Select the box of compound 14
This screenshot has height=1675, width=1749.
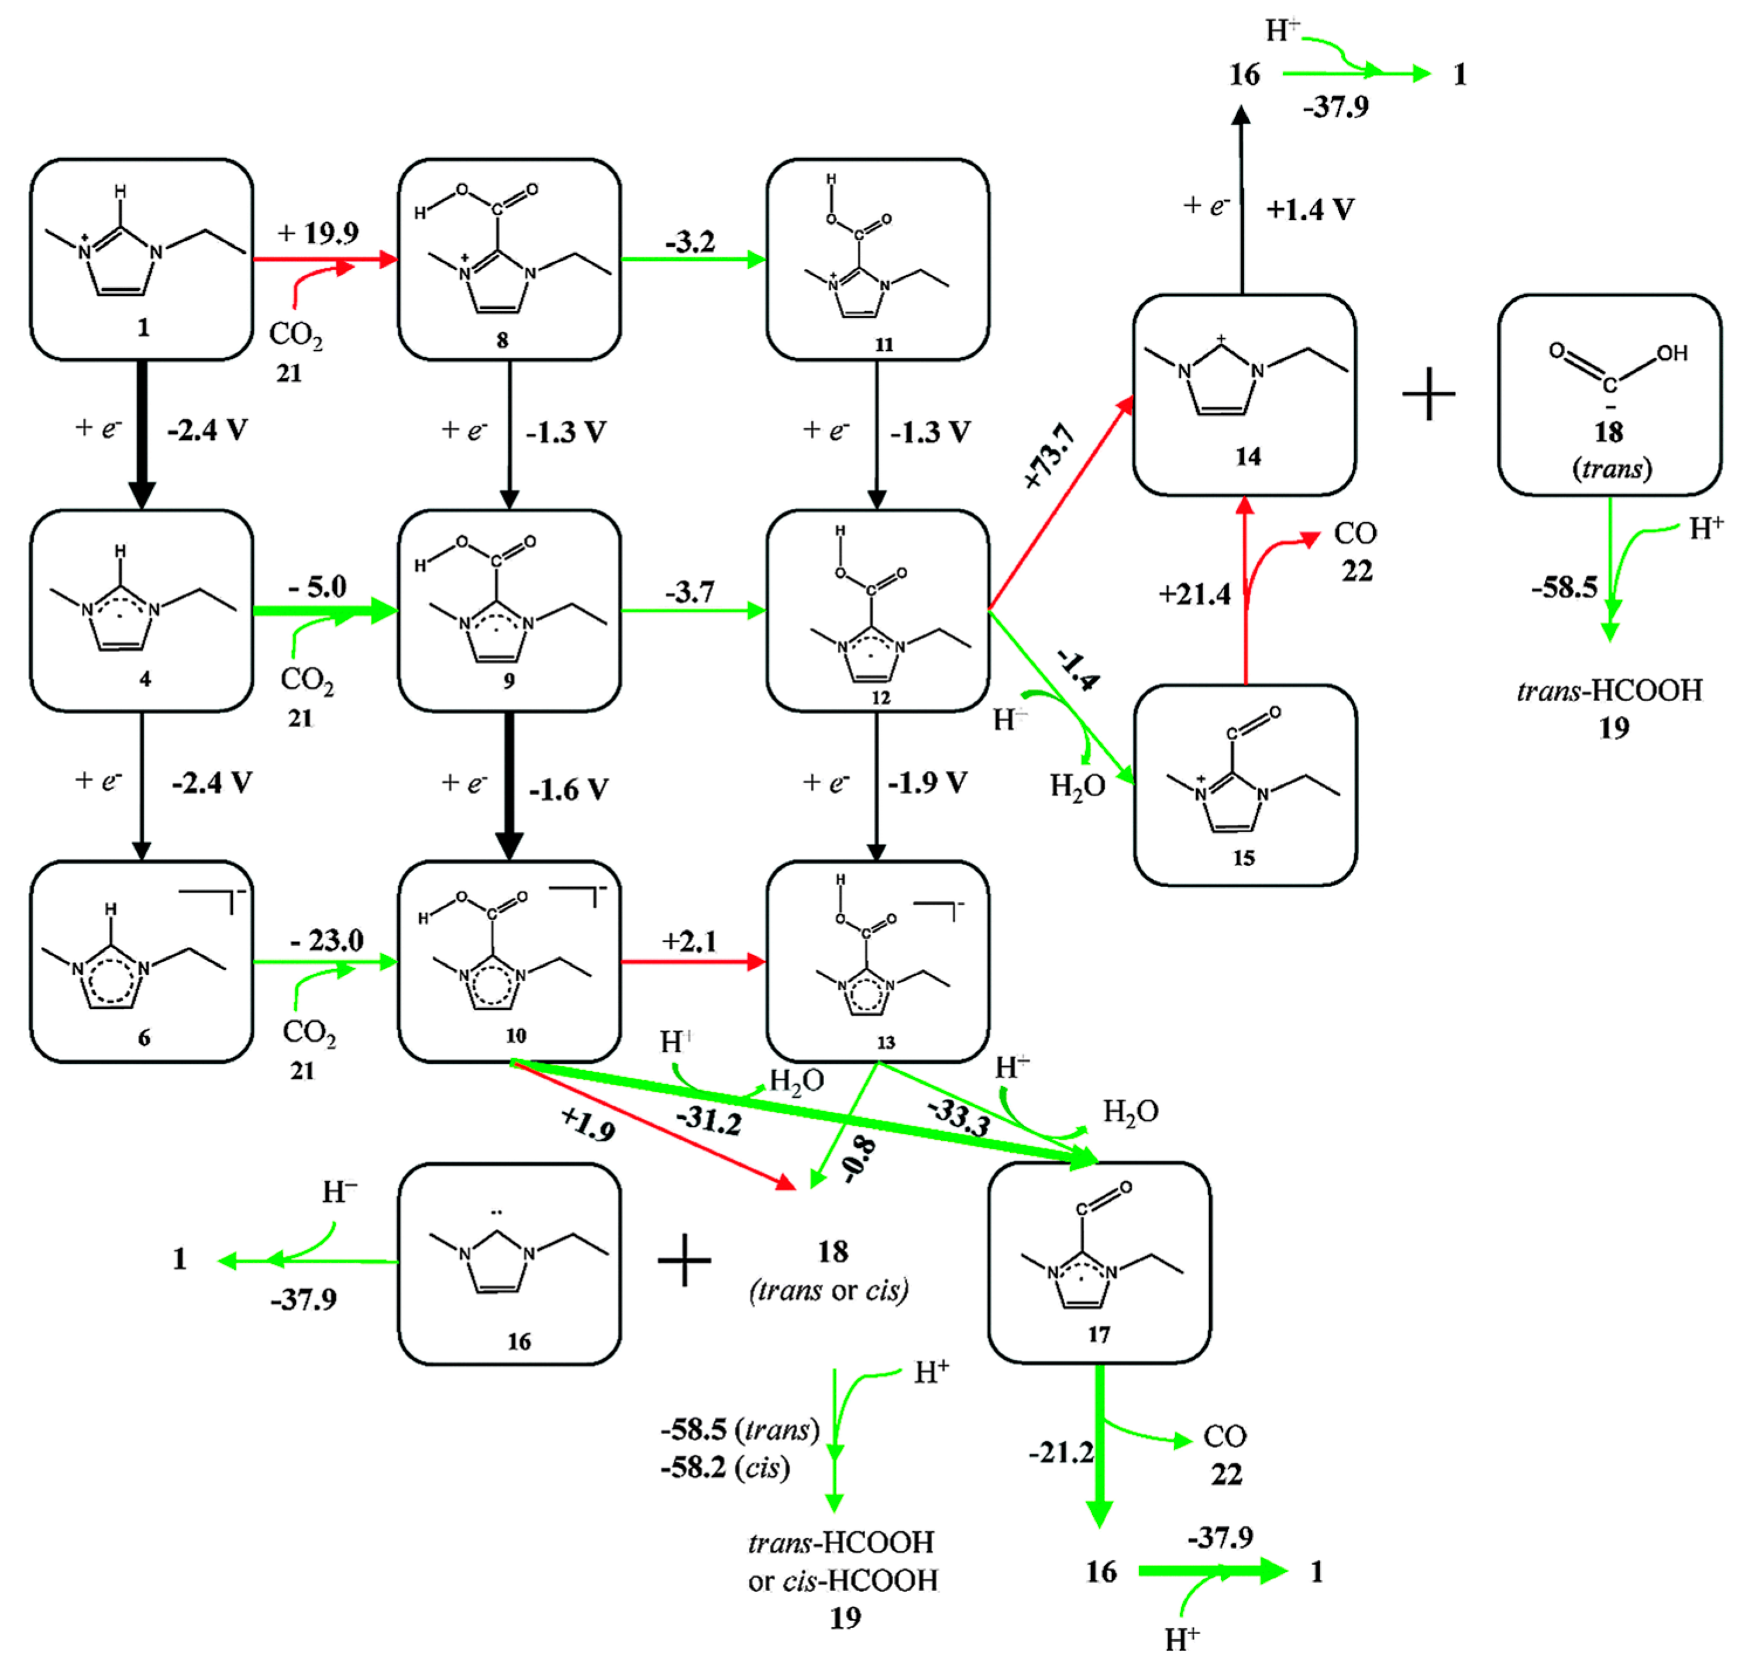tap(1244, 394)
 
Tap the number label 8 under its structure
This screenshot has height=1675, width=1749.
tap(502, 340)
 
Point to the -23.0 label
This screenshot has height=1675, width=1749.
tap(326, 940)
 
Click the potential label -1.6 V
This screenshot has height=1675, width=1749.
tap(569, 790)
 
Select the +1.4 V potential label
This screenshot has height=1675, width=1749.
tap(1310, 210)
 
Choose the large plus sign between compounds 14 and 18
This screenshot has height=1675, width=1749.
tap(1428, 394)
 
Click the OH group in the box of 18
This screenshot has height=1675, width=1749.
tap(1671, 353)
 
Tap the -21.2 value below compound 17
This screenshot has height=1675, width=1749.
tap(1061, 1453)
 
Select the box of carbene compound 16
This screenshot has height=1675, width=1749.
tap(509, 1264)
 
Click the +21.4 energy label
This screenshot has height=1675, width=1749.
tap(1194, 594)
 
